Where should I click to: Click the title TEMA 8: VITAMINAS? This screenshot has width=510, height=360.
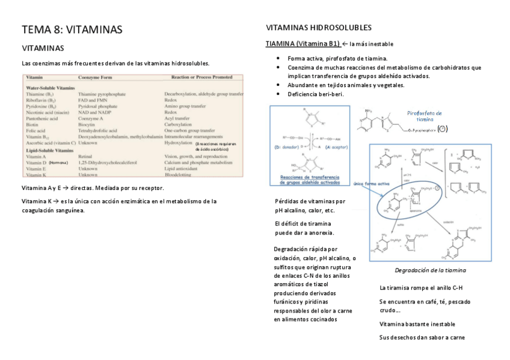(x=72, y=29)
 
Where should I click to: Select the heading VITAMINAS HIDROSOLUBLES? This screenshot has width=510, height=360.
(x=318, y=28)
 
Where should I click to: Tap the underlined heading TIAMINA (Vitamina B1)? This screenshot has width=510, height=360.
(x=303, y=43)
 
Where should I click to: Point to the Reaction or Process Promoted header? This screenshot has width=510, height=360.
(x=202, y=78)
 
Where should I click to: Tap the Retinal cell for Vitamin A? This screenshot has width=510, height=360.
(x=85, y=156)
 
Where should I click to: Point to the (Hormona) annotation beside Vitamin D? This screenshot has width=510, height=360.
(x=58, y=163)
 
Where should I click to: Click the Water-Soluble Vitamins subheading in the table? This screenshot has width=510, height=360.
(x=51, y=88)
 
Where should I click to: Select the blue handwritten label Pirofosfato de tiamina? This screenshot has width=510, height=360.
(x=425, y=116)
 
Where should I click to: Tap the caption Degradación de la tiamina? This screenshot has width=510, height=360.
(x=430, y=270)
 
